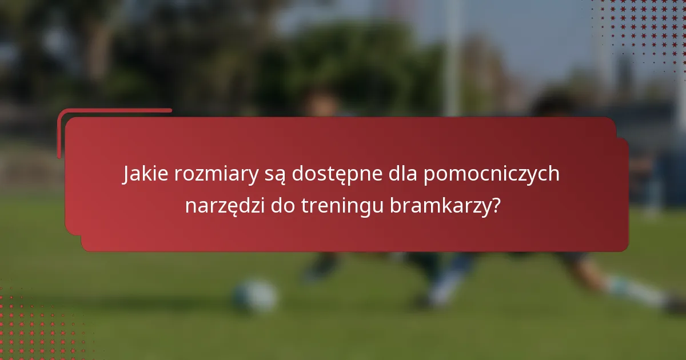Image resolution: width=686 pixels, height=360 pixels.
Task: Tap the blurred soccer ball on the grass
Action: tap(256, 295)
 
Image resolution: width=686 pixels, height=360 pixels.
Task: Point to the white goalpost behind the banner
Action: tap(452, 57)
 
